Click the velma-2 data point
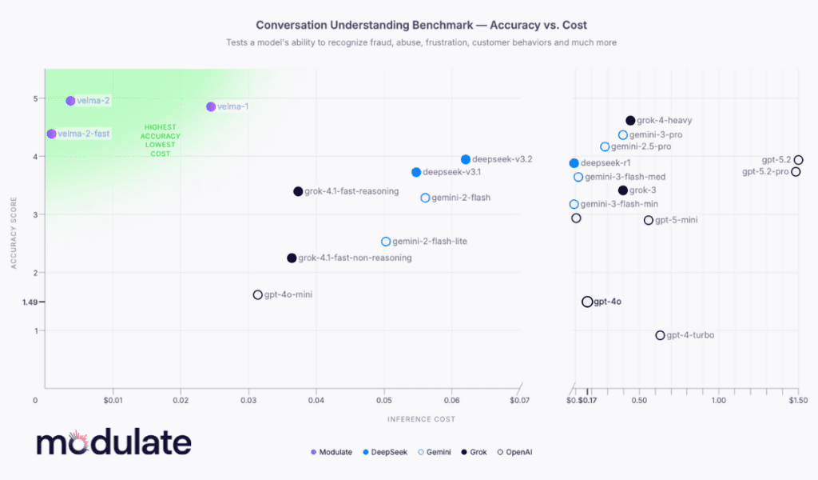click(x=70, y=101)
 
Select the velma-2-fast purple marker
click(x=51, y=134)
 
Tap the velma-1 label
click(x=233, y=106)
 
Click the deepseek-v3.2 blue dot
click(x=466, y=159)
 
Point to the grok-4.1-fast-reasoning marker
click(x=298, y=191)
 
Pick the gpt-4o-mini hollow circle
click(x=257, y=294)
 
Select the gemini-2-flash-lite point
click(x=386, y=241)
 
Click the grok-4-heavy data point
click(x=630, y=120)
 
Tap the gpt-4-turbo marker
click(x=660, y=335)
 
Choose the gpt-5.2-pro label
click(x=765, y=172)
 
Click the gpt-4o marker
click(x=587, y=302)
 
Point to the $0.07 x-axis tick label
click(x=519, y=399)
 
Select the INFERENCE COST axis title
click(x=421, y=418)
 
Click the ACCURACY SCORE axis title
click(x=14, y=229)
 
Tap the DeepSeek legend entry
click(x=389, y=452)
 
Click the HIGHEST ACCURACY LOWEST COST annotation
click(x=161, y=140)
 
